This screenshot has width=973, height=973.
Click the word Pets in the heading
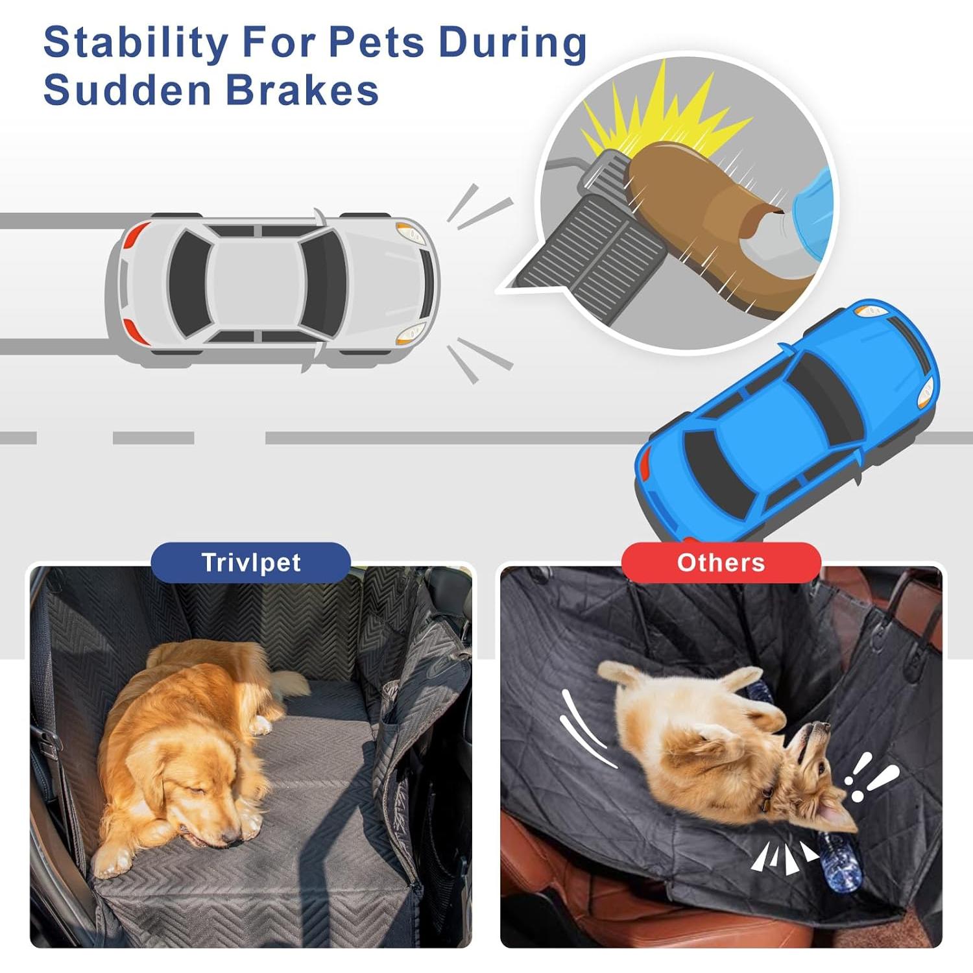[376, 43]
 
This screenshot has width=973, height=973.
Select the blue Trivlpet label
[251, 562]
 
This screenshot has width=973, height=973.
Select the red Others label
[721, 562]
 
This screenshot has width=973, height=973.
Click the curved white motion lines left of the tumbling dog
[584, 730]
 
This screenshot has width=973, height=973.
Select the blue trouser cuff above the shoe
[814, 208]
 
